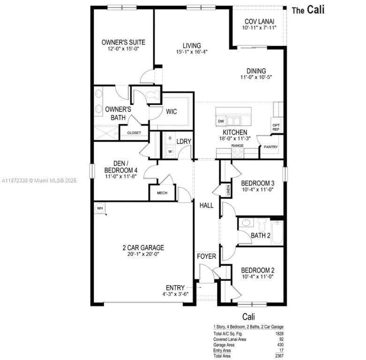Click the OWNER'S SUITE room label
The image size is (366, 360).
(120, 42)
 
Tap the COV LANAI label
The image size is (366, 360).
(259, 22)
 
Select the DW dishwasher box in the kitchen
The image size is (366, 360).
(221, 121)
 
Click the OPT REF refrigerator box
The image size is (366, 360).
(276, 127)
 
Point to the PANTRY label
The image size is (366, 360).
(270, 147)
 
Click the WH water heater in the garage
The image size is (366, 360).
(100, 208)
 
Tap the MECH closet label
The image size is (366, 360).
(162, 193)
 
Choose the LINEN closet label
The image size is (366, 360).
(228, 189)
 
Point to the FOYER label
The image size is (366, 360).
(206, 256)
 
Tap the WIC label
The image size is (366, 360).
(171, 112)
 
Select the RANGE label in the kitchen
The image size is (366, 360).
(237, 146)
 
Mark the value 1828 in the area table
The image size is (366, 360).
(279, 334)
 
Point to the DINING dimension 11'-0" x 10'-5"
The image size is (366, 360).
(256, 77)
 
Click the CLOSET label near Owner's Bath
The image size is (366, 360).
(134, 133)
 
